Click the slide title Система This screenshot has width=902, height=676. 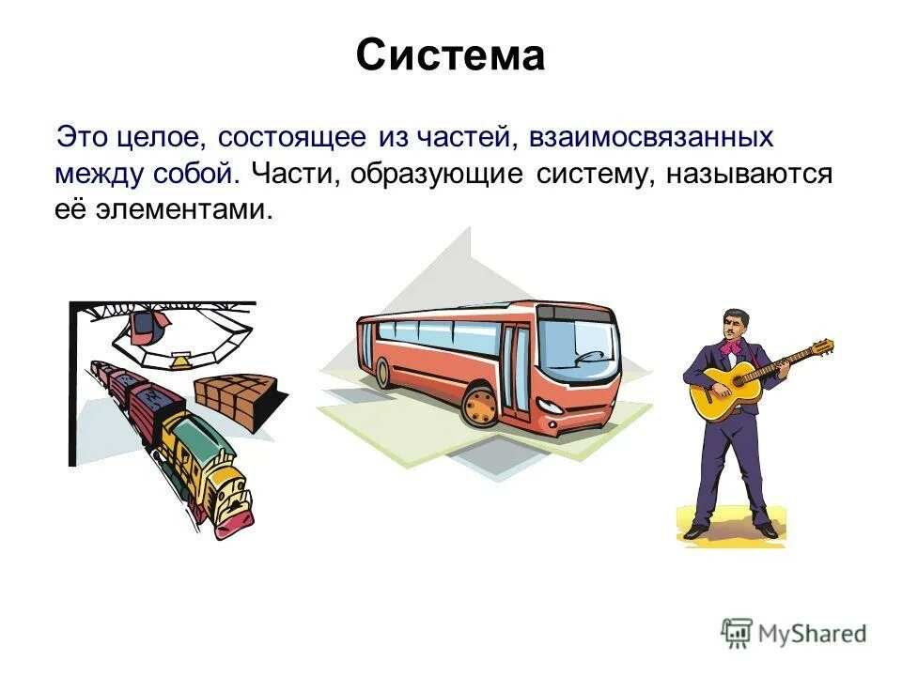click(x=450, y=56)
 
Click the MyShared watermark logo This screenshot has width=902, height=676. click(x=794, y=634)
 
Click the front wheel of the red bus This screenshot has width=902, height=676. click(x=481, y=406)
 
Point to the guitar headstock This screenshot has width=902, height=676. click(x=822, y=346)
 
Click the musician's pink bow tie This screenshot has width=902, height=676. click(x=730, y=348)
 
